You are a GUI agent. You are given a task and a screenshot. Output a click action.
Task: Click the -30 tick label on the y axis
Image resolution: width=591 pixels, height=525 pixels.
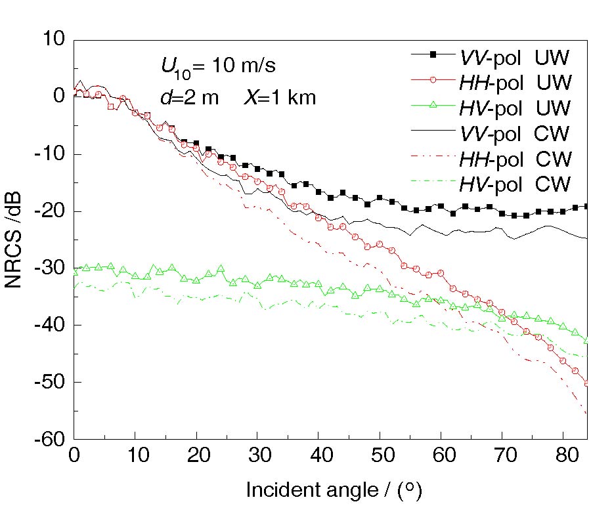pyautogui.click(x=46, y=268)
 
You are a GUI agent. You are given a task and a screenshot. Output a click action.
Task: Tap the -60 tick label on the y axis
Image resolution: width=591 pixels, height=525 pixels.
pyautogui.click(x=46, y=439)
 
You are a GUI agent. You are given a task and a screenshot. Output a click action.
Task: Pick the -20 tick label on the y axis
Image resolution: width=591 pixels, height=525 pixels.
pyautogui.click(x=46, y=211)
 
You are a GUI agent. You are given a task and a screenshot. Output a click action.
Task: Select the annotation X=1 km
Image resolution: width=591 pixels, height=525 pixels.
pyautogui.click(x=280, y=98)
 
